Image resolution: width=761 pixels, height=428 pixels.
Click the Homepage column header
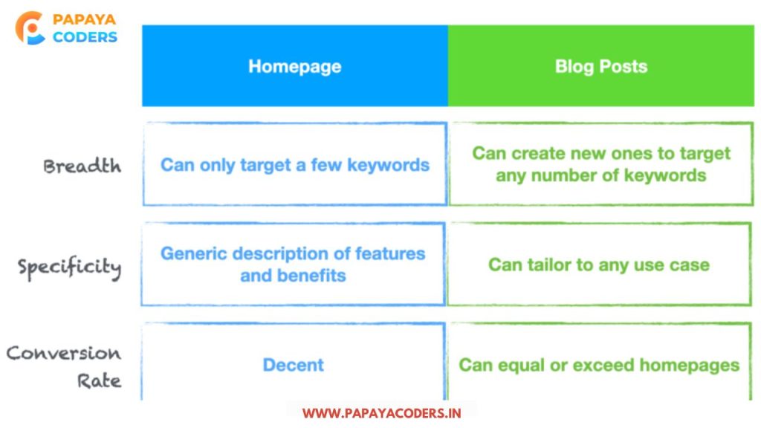(x=294, y=65)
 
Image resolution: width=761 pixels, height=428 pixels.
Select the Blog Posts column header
(x=600, y=65)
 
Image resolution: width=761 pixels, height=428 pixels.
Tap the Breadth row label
(x=82, y=166)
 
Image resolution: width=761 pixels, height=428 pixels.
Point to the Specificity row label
(x=69, y=267)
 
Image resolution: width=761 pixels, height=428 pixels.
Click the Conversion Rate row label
(x=64, y=366)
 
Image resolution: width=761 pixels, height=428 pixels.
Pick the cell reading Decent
(x=293, y=362)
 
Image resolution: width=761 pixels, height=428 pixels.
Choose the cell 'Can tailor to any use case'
(x=599, y=265)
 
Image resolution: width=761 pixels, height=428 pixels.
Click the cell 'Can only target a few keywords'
(x=295, y=164)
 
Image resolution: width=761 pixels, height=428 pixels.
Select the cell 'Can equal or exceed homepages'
(x=599, y=362)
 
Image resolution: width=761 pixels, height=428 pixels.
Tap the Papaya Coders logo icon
(x=30, y=28)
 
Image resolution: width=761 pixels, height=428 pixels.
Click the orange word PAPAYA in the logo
(x=85, y=19)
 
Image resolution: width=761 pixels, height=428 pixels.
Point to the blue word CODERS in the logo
(x=85, y=37)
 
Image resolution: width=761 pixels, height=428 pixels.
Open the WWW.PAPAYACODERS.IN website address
(x=381, y=413)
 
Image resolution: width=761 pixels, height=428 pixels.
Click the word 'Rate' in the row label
(x=99, y=381)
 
